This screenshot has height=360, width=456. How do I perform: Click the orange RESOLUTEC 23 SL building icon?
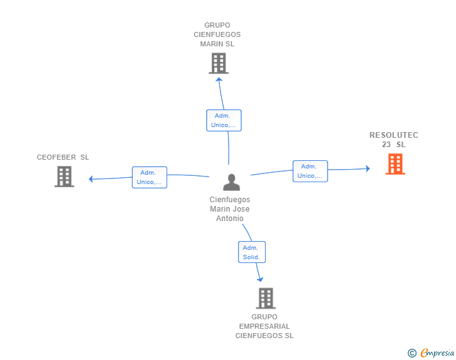[x=395, y=164]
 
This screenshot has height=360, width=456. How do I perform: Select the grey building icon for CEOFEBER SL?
[x=65, y=177]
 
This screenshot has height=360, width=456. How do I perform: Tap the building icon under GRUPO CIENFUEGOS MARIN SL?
[x=219, y=63]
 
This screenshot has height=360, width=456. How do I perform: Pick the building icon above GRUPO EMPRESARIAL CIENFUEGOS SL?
[x=266, y=298]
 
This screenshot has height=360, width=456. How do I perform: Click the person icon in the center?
[x=232, y=182]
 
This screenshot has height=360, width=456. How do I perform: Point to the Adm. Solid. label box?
[x=252, y=252]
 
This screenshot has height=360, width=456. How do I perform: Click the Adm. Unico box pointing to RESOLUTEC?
[x=310, y=172]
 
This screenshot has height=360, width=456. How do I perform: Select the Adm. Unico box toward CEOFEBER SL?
[x=150, y=177]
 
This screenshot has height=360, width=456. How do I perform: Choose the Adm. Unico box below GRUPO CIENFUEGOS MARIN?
[x=224, y=120]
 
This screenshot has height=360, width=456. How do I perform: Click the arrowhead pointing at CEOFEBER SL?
[x=91, y=179]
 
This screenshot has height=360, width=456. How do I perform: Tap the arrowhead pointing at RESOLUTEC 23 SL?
[x=368, y=168]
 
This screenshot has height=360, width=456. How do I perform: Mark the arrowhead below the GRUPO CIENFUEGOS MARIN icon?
[x=219, y=79]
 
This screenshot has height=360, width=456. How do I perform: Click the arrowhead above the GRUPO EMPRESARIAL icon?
[x=260, y=279]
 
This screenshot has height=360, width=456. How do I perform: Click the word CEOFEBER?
[x=56, y=157]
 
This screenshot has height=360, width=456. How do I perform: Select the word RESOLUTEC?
[x=394, y=135]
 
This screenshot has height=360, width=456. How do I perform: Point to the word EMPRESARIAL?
[x=264, y=326]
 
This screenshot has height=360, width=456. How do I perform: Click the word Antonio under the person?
[x=230, y=219]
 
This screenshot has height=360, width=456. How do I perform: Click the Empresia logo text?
[x=437, y=352]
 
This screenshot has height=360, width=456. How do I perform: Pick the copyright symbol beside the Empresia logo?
[x=412, y=353]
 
